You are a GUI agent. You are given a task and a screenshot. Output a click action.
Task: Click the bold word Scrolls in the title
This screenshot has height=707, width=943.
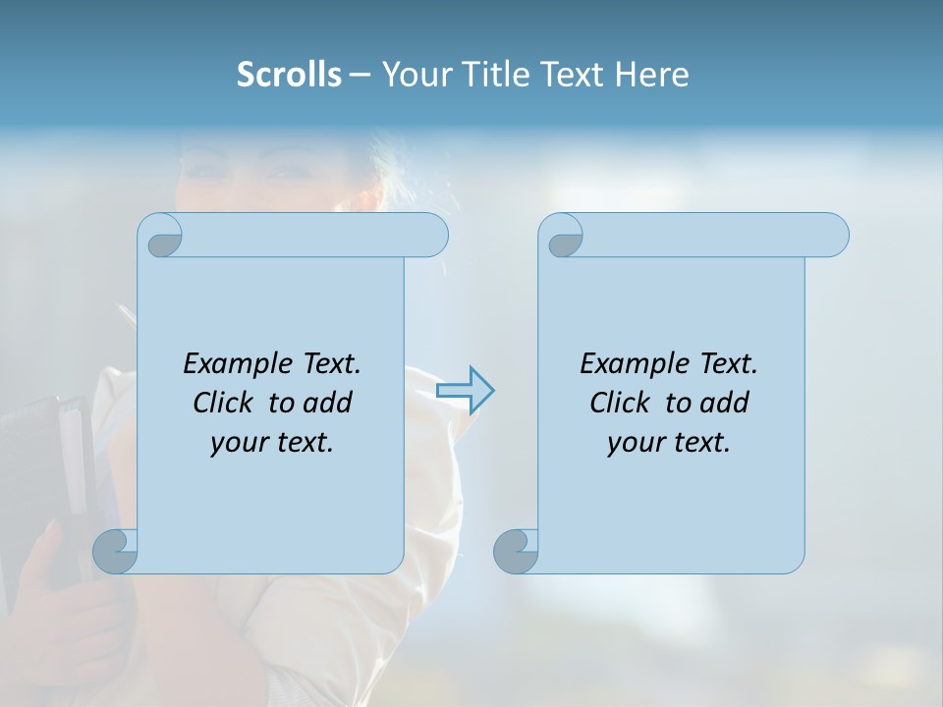click(x=289, y=75)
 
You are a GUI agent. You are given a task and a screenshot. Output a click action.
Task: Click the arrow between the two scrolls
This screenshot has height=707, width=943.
click(x=466, y=390)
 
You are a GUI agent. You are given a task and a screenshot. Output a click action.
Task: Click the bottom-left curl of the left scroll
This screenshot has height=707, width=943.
click(x=115, y=551)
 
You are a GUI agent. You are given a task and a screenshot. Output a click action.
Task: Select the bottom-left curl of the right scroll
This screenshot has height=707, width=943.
click(x=516, y=551)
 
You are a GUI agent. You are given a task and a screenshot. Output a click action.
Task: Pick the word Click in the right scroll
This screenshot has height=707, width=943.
click(x=620, y=403)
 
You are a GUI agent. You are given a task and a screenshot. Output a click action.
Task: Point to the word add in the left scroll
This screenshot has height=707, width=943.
click(x=327, y=403)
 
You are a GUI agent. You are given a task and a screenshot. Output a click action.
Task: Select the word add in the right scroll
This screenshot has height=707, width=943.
click(x=724, y=403)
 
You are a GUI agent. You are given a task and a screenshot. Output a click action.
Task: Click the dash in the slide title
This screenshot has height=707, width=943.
click(x=360, y=75)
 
